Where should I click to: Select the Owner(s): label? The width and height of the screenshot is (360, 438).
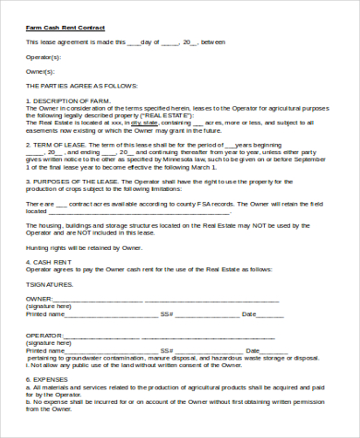pyautogui.click(x=41, y=70)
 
